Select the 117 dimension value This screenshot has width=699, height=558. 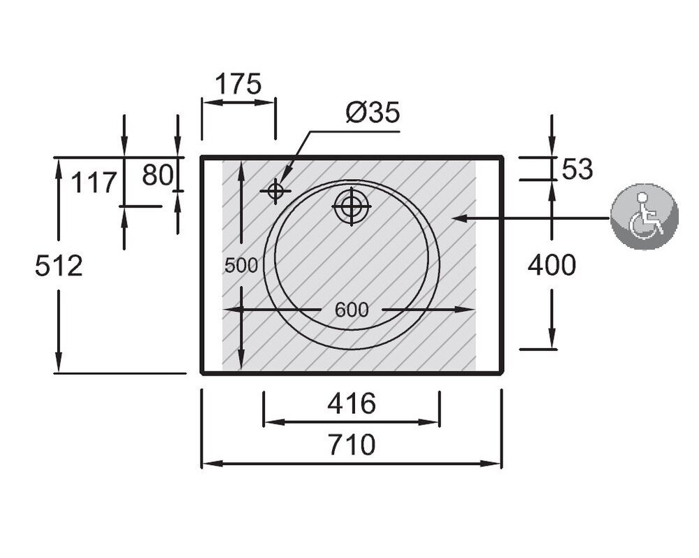point(94,183)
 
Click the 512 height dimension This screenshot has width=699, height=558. point(59,266)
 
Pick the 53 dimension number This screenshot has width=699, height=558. point(577,169)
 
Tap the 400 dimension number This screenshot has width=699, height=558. point(552,265)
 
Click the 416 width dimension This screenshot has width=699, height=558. point(352,403)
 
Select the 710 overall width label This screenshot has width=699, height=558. point(352,444)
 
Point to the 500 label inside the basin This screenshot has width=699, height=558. point(241,266)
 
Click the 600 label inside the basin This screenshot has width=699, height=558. point(352,310)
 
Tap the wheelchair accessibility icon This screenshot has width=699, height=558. point(644,217)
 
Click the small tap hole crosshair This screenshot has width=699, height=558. point(276,191)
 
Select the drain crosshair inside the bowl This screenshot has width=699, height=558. point(352,206)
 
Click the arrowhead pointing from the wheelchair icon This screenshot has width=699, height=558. point(460,218)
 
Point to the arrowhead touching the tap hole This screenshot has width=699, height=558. point(286,174)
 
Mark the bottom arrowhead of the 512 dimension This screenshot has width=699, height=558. point(59,362)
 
